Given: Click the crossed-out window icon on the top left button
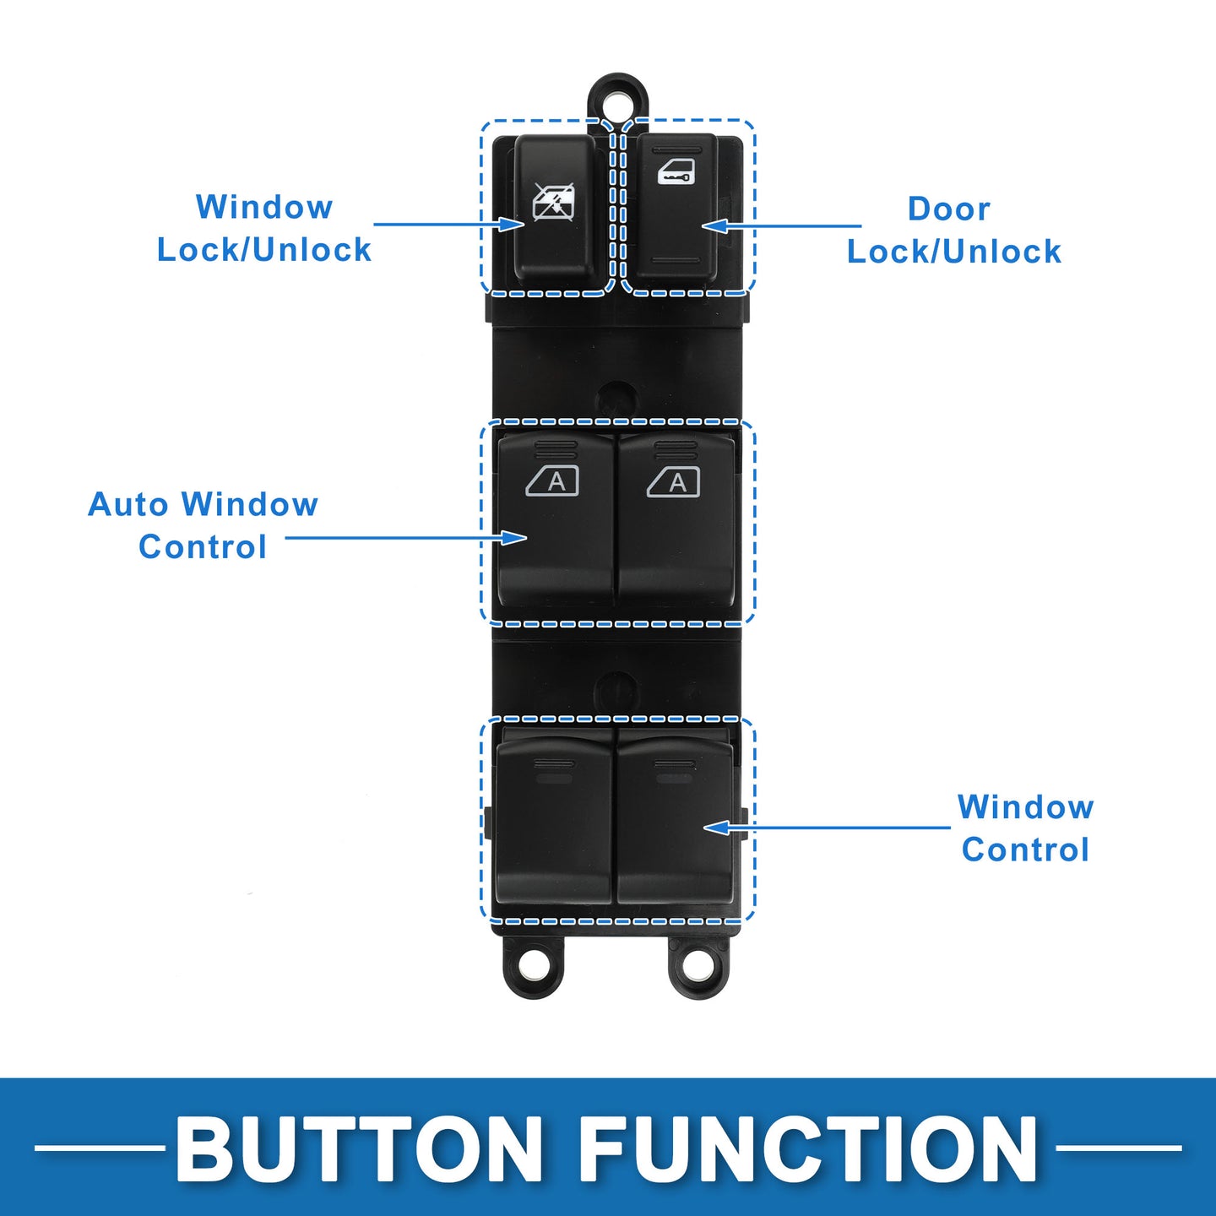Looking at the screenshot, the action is point(554,202).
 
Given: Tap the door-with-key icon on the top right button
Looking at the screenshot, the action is point(676,171).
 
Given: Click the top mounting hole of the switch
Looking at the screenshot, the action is point(619,102).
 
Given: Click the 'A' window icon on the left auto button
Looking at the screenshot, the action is point(552,482).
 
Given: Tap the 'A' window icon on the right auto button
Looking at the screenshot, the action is point(673,482).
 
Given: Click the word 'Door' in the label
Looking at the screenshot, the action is point(948,209).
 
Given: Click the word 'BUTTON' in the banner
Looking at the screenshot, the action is point(358,1148).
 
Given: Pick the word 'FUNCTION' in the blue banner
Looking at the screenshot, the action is point(810,1148).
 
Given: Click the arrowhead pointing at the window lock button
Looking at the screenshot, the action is point(512,224).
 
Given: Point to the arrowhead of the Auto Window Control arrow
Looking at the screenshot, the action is point(513,538).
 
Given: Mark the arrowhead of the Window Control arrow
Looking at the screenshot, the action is point(717,828).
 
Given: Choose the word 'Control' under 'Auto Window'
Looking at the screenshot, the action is point(203,546).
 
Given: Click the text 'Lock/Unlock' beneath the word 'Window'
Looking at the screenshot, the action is point(263,250).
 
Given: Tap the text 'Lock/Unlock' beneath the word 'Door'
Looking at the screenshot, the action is point(953,252).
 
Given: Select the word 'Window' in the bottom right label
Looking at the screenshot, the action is point(1025,807).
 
